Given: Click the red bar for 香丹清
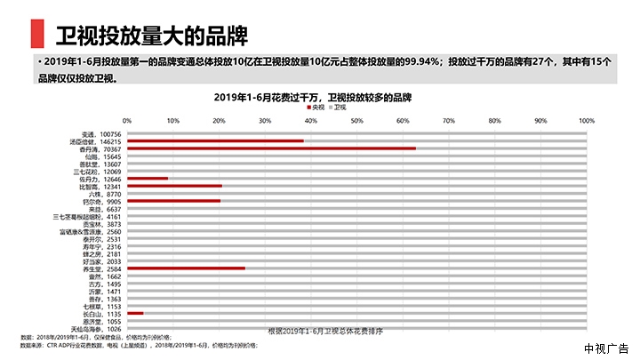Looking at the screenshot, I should (x=271, y=148).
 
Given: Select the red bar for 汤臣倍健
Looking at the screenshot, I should (x=215, y=140).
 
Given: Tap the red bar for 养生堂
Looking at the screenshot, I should (x=186, y=268).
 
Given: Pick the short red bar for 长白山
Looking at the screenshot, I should (x=135, y=313).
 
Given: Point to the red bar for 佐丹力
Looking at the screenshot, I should (x=148, y=179).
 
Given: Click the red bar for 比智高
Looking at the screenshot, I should (x=174, y=186).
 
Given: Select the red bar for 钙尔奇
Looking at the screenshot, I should (x=173, y=201).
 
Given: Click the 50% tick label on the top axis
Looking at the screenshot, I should (x=356, y=121).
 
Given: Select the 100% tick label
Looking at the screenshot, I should (x=586, y=121).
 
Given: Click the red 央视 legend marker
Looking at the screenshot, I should (x=325, y=107).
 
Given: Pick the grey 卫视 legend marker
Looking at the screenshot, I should (x=356, y=107).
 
